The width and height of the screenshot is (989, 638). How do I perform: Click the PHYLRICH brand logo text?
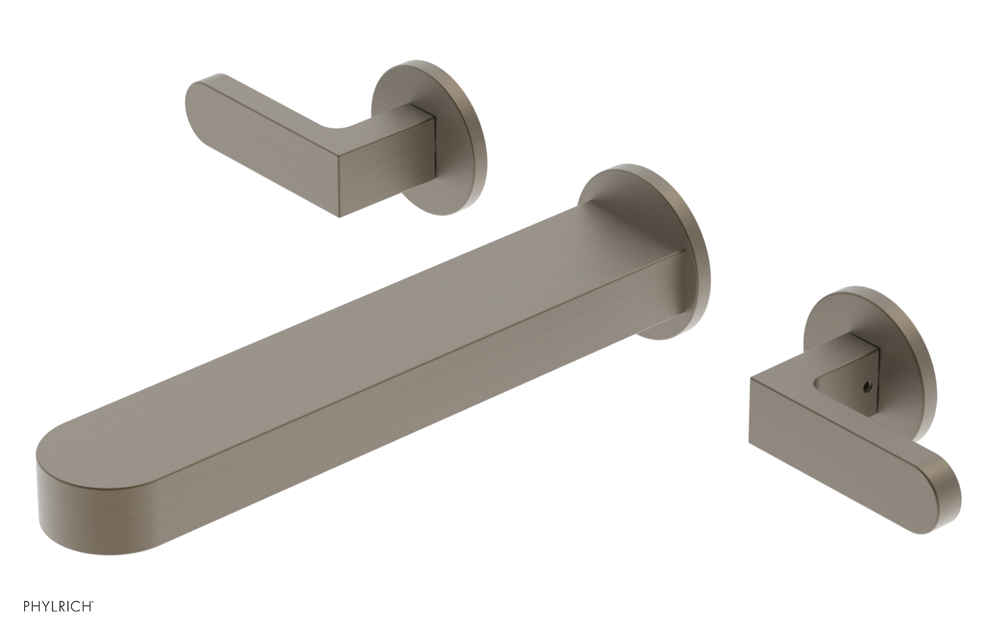[58, 606]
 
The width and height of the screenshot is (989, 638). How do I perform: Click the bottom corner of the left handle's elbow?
[340, 215]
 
